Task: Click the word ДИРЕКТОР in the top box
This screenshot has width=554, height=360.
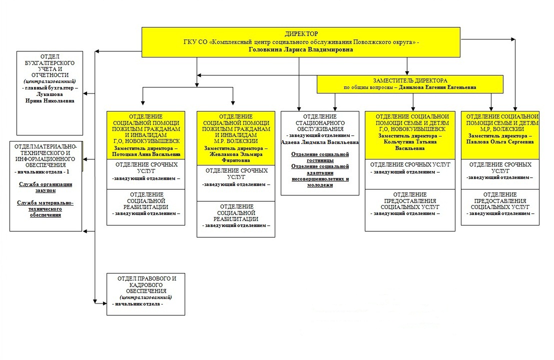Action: tap(301, 33)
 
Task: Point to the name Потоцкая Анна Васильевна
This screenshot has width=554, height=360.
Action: tap(146, 154)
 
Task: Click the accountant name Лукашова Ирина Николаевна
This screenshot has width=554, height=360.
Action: tap(50, 97)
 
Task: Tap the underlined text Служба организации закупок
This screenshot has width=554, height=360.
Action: tap(46, 187)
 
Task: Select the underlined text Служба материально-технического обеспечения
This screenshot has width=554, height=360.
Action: tap(46, 208)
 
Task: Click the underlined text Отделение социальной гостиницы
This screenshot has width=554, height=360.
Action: tap(320, 157)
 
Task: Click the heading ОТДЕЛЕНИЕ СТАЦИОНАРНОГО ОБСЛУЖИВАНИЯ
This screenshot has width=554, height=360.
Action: tap(320, 123)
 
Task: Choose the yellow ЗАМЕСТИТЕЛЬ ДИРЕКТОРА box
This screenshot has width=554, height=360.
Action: tap(410, 83)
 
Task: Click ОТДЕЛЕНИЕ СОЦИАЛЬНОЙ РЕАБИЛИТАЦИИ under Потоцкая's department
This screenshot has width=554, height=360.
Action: tap(146, 200)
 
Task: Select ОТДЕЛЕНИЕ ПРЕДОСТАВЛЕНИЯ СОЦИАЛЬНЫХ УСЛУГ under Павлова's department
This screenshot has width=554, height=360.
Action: tap(500, 200)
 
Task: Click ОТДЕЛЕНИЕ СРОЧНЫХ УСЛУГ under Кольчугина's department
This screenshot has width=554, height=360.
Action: tap(410, 164)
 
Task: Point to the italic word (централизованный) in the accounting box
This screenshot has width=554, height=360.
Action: tap(50, 81)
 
